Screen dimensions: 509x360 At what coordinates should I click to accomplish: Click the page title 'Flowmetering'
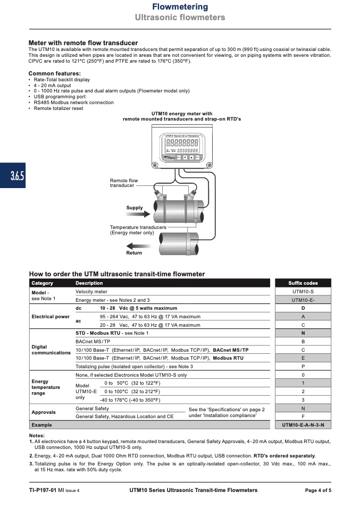pyautogui.click(x=180, y=7)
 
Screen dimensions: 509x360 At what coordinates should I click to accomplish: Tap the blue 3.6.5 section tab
pyautogui.click(x=13, y=176)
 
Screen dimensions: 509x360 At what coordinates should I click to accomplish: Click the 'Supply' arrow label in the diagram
pyautogui.click(x=135, y=208)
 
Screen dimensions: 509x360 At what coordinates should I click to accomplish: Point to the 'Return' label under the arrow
pyautogui.click(x=134, y=253)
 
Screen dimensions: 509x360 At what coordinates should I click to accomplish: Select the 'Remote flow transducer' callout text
pyautogui.click(x=124, y=183)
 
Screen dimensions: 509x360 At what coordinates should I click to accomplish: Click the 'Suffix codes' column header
pyautogui.click(x=303, y=283)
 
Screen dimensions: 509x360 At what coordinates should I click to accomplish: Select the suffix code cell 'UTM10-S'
pyautogui.click(x=303, y=292)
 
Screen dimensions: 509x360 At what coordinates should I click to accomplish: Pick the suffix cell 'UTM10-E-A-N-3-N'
pyautogui.click(x=303, y=425)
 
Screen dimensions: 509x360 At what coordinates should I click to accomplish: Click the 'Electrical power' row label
pyautogui.click(x=51, y=317)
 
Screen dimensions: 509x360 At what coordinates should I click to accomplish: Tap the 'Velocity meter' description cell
pyautogui.click(x=91, y=292)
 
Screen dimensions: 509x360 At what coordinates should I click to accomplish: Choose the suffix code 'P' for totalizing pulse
pyautogui.click(x=303, y=367)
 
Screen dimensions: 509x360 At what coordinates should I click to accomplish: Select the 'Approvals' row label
pyautogui.click(x=44, y=412)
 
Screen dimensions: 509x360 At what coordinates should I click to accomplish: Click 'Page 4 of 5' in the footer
pyautogui.click(x=317, y=490)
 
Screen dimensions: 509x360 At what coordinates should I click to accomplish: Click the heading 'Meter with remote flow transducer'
pyautogui.click(x=83, y=43)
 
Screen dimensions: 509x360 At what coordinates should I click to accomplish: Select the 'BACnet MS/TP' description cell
pyautogui.click(x=93, y=342)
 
